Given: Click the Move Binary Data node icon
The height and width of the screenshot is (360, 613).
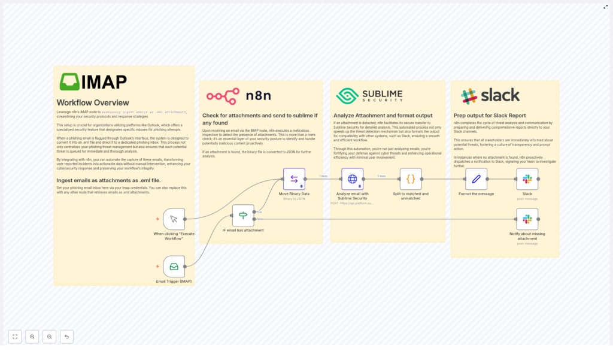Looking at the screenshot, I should pyautogui.click(x=294, y=179).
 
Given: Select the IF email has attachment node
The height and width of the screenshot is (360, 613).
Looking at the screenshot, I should pyautogui.click(x=243, y=215).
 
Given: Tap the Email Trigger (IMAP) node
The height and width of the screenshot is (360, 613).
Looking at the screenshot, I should pyautogui.click(x=174, y=267).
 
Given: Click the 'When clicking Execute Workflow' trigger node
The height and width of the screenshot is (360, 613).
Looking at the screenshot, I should pyautogui.click(x=174, y=219).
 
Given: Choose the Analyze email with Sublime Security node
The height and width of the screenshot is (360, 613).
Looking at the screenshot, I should pyautogui.click(x=352, y=179).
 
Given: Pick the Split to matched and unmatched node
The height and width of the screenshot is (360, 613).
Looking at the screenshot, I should pyautogui.click(x=411, y=179).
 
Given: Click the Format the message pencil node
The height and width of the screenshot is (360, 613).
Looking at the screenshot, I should pyautogui.click(x=476, y=179).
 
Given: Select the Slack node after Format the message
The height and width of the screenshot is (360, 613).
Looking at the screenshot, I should pyautogui.click(x=527, y=179).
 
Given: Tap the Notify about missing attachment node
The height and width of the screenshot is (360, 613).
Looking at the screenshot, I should pyautogui.click(x=527, y=219).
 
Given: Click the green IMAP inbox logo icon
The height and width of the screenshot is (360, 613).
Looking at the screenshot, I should pyautogui.click(x=69, y=82).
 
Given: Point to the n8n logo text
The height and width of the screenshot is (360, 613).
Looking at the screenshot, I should pyautogui.click(x=258, y=96).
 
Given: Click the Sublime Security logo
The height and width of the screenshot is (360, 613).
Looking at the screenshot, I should pyautogui.click(x=369, y=96).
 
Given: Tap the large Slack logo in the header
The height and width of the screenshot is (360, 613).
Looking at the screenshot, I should pyautogui.click(x=490, y=96).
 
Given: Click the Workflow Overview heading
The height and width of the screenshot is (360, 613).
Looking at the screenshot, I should pyautogui.click(x=93, y=102).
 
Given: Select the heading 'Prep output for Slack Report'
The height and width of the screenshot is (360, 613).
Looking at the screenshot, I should pyautogui.click(x=490, y=116).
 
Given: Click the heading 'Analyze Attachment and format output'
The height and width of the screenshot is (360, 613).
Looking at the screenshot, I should pyautogui.click(x=383, y=116).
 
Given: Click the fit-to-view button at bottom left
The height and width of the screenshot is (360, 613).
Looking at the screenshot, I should pyautogui.click(x=15, y=337).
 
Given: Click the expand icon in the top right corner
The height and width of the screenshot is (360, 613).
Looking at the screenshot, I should pyautogui.click(x=605, y=7).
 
